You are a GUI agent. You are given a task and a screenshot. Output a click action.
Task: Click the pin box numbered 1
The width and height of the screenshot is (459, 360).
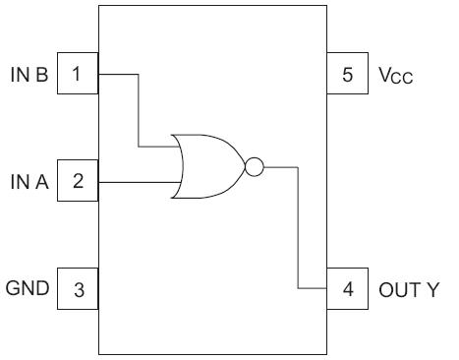tap(77, 74)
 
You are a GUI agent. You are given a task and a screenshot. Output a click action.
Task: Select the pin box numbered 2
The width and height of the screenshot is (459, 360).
tap(77, 181)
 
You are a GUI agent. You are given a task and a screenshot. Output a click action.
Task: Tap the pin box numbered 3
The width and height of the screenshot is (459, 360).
tap(77, 289)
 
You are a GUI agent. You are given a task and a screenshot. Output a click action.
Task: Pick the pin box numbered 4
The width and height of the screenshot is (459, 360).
tap(347, 289)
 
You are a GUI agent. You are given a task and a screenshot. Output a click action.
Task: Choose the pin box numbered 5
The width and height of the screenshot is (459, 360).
tap(347, 74)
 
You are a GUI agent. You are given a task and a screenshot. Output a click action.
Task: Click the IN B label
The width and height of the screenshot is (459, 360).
tap(27, 74)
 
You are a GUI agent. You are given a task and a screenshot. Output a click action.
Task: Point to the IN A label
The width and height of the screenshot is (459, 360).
tap(27, 181)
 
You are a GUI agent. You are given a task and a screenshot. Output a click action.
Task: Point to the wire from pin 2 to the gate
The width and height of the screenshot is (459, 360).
tap(137, 181)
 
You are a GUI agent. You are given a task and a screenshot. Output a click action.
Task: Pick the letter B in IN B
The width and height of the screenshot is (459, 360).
tap(38, 74)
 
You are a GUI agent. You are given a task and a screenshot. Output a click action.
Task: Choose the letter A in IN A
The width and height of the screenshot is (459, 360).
tap(38, 181)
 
